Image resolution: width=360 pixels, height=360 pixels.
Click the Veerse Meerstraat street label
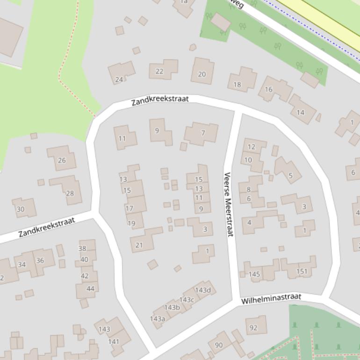coord(228,204)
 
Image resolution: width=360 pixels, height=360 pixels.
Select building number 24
coord(120,79)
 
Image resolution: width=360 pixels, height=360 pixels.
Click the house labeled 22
coord(159,71)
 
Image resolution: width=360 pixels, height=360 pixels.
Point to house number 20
coord(202,74)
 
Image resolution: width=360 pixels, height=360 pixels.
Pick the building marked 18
coord(238,84)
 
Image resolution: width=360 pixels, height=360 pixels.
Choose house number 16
coord(269,89)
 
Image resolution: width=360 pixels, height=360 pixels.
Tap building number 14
coord(300,112)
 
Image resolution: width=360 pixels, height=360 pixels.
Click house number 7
coord(203,133)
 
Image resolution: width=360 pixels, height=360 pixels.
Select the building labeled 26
coord(62,160)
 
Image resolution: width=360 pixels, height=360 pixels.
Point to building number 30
coord(21,209)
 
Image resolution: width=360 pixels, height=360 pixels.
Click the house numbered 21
coord(139,245)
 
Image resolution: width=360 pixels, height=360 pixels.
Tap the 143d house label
coord(203,290)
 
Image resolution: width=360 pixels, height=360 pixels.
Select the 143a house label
coord(158,319)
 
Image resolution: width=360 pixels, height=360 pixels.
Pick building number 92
coord(253,327)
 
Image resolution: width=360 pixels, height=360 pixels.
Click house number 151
coord(302,271)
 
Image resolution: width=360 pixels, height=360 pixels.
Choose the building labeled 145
coord(254,274)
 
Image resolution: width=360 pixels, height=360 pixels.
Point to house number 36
coord(40,260)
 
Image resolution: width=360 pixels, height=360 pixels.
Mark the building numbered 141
coord(114,341)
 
